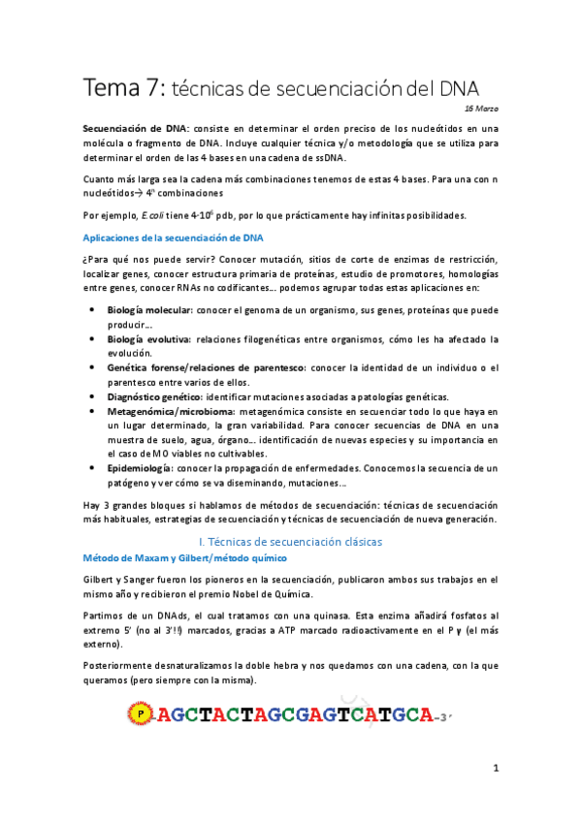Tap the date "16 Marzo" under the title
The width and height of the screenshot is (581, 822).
pyautogui.click(x=481, y=109)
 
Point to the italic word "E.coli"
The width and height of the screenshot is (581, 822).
pyautogui.click(x=156, y=215)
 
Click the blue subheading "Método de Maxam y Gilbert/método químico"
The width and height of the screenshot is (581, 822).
pyautogui.click(x=183, y=558)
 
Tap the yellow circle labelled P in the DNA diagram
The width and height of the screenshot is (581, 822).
pyautogui.click(x=143, y=716)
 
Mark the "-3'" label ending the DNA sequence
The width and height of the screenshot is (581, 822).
pyautogui.click(x=441, y=718)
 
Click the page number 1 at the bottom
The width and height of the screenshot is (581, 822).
pyautogui.click(x=495, y=769)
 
